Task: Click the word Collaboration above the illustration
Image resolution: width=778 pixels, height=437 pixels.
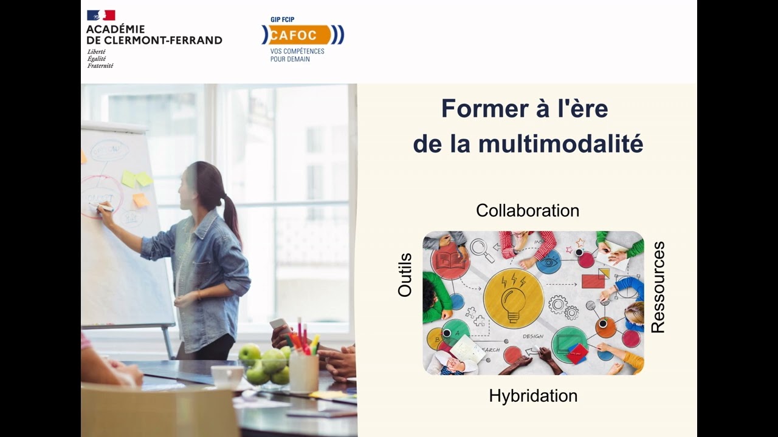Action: (x=527, y=211)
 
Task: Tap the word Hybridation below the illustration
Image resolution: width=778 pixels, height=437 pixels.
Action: (x=532, y=396)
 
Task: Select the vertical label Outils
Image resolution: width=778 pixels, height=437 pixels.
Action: (x=405, y=275)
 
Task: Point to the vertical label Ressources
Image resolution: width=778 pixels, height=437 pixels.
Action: (x=658, y=287)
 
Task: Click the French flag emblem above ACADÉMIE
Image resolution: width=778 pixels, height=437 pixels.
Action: (x=100, y=15)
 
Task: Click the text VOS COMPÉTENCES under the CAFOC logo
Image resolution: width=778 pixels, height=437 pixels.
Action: (x=297, y=52)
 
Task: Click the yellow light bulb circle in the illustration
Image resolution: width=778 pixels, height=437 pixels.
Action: (x=513, y=298)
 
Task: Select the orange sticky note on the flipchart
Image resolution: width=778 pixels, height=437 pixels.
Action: (x=140, y=200)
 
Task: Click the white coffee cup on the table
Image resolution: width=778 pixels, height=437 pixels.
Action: (x=227, y=376)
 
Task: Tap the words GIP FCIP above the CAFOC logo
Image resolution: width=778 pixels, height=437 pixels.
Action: (x=282, y=19)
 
